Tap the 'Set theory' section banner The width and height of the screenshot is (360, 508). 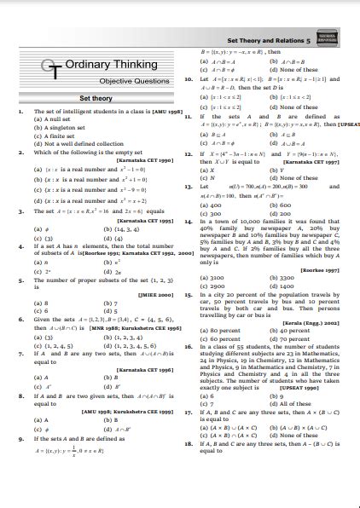tap(96, 98)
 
